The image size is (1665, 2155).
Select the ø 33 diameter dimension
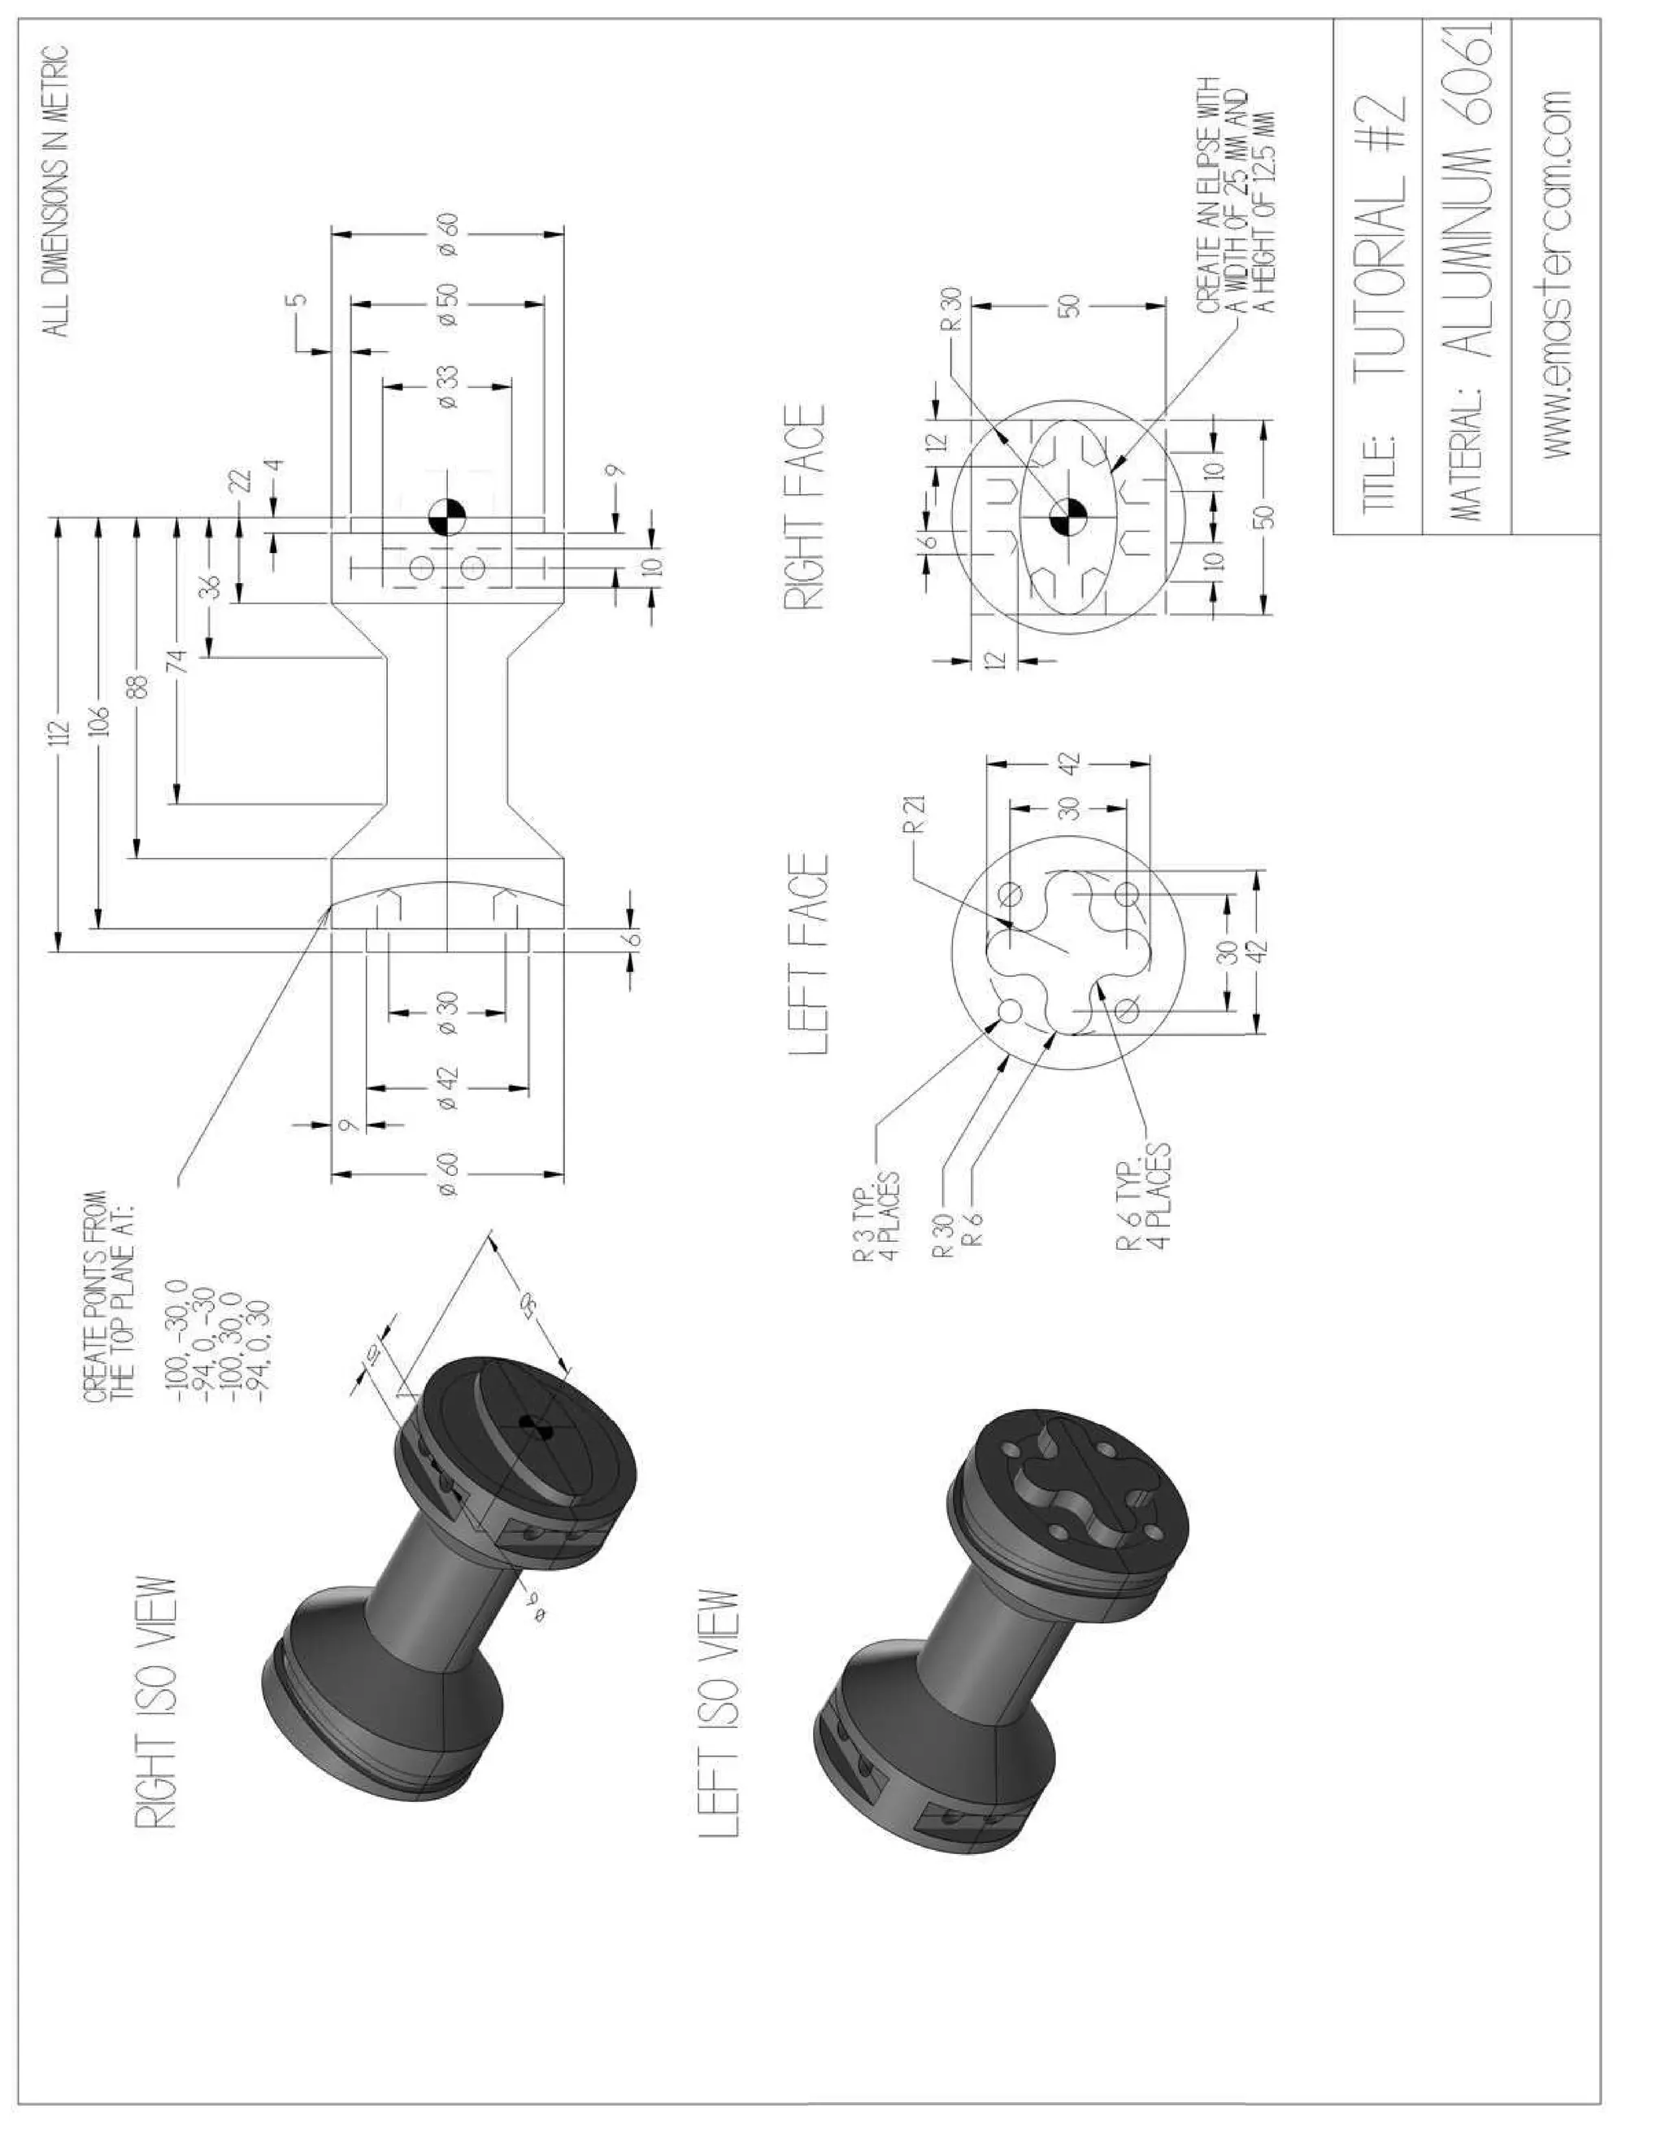pos(447,387)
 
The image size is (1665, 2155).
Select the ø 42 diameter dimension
pos(447,1087)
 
